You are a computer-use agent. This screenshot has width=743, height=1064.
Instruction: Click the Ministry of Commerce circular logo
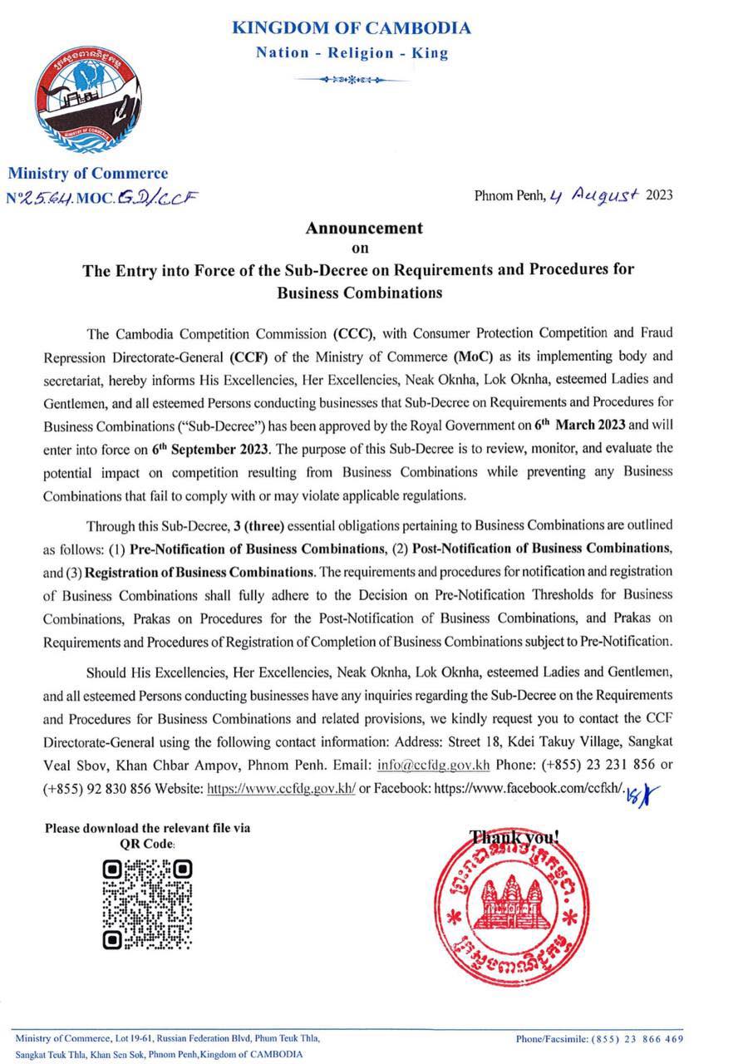tap(86, 102)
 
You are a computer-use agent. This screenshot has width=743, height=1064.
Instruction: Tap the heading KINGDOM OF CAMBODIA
tap(351, 28)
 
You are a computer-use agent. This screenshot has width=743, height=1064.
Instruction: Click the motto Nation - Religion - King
tap(352, 53)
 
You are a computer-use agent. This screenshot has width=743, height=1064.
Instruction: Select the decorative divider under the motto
tap(352, 80)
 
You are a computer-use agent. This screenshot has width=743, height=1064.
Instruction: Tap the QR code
tap(147, 904)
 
